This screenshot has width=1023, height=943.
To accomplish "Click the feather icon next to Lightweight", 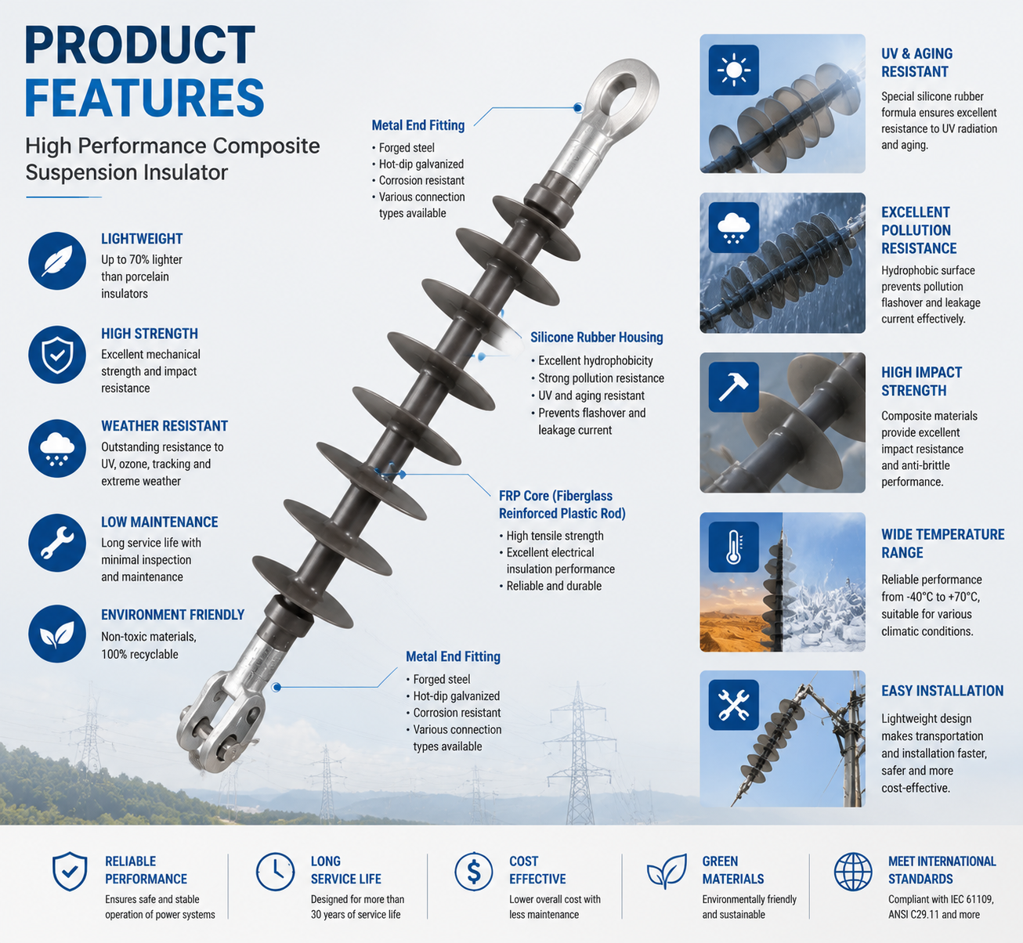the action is click(x=56, y=261).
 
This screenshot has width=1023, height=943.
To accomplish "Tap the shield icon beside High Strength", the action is click(x=56, y=355).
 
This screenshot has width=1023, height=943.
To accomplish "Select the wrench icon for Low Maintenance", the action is click(x=56, y=543).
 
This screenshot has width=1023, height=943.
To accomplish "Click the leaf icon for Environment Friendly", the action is click(x=56, y=634).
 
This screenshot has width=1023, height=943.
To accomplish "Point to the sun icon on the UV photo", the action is click(x=733, y=70).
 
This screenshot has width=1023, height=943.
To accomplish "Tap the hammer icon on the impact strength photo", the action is click(x=733, y=387).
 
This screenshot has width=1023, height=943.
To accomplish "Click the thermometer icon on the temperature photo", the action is click(x=733, y=547).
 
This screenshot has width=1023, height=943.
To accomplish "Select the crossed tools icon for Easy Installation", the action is click(x=733, y=705).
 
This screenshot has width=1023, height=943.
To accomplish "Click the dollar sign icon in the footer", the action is click(x=473, y=872).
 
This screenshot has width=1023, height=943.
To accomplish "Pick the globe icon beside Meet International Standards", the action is click(x=853, y=872).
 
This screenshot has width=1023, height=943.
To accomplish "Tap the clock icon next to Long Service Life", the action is click(x=276, y=872).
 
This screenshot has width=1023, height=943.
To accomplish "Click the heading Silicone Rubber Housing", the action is click(x=597, y=338).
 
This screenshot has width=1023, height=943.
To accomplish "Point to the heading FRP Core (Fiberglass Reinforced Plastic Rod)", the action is click(x=562, y=504).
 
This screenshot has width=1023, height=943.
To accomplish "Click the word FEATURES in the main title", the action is click(x=144, y=98).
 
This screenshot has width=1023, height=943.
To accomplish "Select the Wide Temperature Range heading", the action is click(x=942, y=543).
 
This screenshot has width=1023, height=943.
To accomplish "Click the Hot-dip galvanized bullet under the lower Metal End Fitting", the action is click(x=457, y=696).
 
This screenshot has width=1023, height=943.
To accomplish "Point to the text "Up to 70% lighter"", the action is click(x=142, y=260).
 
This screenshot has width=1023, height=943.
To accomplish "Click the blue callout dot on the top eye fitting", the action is click(x=578, y=108).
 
